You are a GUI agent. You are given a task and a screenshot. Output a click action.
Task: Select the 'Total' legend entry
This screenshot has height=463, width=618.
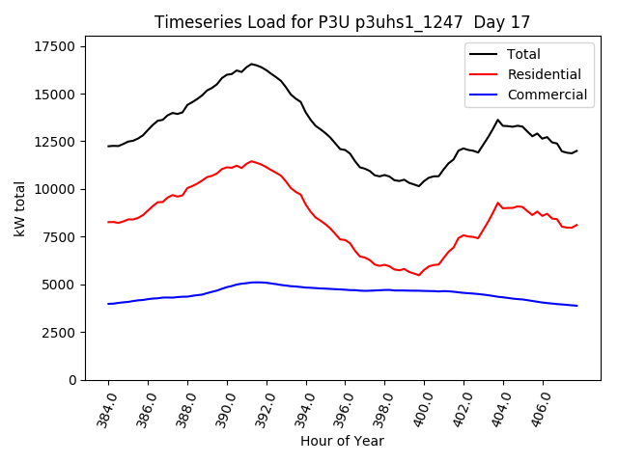523,54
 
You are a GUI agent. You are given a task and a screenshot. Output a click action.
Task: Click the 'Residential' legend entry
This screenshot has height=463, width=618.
544,74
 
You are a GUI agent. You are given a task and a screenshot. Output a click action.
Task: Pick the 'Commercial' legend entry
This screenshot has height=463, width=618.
547,95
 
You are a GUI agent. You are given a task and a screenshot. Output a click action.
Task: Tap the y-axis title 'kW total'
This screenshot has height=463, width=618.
20,208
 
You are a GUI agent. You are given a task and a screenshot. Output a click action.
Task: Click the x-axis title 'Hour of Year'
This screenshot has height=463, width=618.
342,441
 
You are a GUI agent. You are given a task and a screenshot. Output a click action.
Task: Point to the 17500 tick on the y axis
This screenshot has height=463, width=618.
55,46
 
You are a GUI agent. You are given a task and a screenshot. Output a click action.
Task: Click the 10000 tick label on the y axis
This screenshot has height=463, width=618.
55,189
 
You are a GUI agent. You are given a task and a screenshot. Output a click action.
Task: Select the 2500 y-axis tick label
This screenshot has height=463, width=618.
59,332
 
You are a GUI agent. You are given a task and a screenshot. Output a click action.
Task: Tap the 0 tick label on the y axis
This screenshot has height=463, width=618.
73,380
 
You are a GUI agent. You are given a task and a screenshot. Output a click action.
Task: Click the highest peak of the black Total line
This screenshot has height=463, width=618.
252,64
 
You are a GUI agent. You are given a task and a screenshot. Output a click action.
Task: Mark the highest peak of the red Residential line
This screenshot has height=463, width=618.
252,161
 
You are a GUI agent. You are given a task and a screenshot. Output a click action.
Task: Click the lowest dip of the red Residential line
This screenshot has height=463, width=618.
418,276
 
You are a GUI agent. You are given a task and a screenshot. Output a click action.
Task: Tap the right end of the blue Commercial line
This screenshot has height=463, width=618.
576,306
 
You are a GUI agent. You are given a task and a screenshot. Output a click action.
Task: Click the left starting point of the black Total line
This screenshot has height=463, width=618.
108,146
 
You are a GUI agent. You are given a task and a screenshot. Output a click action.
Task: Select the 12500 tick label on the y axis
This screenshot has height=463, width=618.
55,142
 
